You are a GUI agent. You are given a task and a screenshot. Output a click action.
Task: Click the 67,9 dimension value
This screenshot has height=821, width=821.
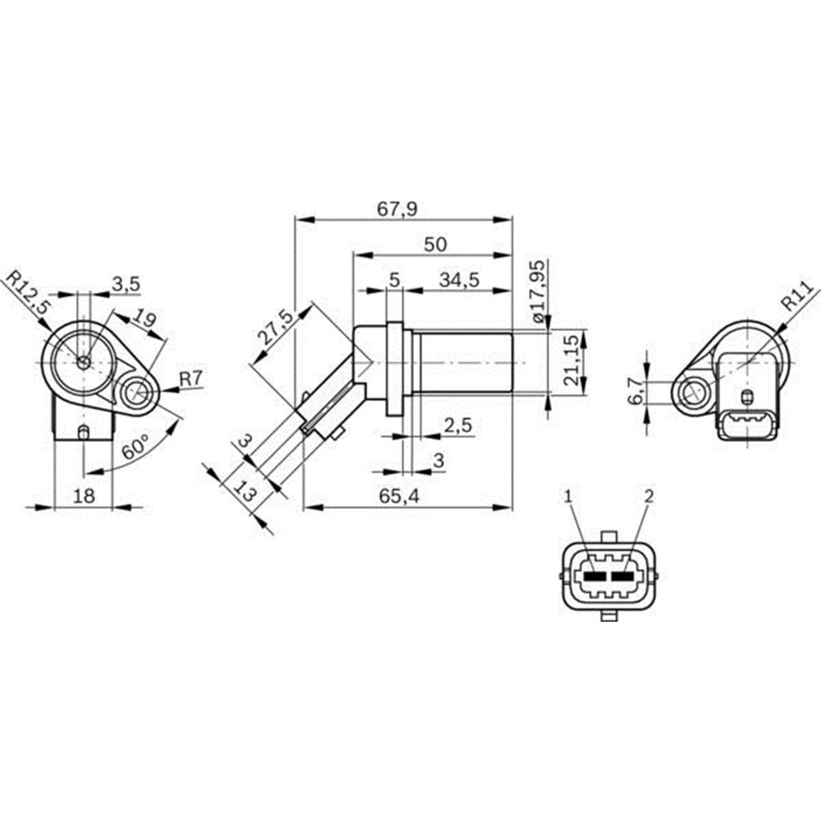pos(403,208)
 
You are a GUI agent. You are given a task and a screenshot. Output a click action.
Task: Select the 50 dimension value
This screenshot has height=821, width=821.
pos(434,244)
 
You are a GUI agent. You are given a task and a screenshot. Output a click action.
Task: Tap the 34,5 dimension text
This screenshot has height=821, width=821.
pos(458,280)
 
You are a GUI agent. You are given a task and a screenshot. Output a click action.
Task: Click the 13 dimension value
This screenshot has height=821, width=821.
pos(245,492)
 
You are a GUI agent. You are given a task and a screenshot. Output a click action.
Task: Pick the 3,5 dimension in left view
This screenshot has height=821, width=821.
pos(125,283)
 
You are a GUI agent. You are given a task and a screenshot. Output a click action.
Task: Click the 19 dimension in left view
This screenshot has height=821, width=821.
pos(145,321)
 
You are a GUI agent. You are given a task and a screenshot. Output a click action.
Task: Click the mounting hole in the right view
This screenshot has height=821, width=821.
pos(690,393)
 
